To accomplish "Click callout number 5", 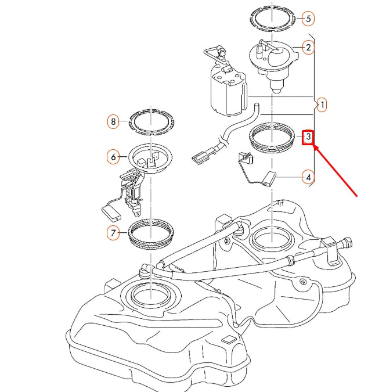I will (308, 19).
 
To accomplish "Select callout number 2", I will (308, 47).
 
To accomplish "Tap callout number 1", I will (322, 105).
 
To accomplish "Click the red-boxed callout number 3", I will (309, 137).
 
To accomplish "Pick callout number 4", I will (308, 177).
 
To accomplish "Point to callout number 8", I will (114, 122).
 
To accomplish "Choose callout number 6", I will (114, 156).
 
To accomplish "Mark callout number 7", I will (114, 233).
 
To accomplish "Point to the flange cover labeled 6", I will (151, 158).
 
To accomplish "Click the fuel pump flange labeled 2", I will (272, 58).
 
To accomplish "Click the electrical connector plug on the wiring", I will (201, 156).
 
